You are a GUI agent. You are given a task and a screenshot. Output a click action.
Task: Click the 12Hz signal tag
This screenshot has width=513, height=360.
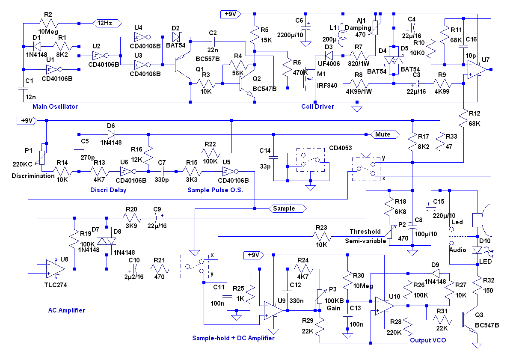107,23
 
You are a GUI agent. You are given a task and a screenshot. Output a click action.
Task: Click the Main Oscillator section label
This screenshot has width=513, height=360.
55,106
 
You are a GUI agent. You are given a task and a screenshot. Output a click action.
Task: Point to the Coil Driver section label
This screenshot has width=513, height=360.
317,106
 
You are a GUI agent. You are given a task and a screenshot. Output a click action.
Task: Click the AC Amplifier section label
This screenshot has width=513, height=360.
66,310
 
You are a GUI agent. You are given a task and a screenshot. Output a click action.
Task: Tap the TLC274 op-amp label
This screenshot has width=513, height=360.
56,285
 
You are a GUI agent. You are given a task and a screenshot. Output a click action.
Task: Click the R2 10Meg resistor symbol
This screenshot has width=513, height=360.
51,24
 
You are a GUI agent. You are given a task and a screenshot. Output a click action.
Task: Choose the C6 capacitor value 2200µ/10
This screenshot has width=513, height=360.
291,35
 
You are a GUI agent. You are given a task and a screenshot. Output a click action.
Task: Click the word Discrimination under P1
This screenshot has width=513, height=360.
33,176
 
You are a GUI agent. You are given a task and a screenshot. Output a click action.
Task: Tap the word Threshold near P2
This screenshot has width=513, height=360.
365,231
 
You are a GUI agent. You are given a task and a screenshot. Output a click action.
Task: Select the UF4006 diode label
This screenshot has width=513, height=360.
328,63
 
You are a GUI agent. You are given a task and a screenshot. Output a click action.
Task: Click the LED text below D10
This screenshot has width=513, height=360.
486,262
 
